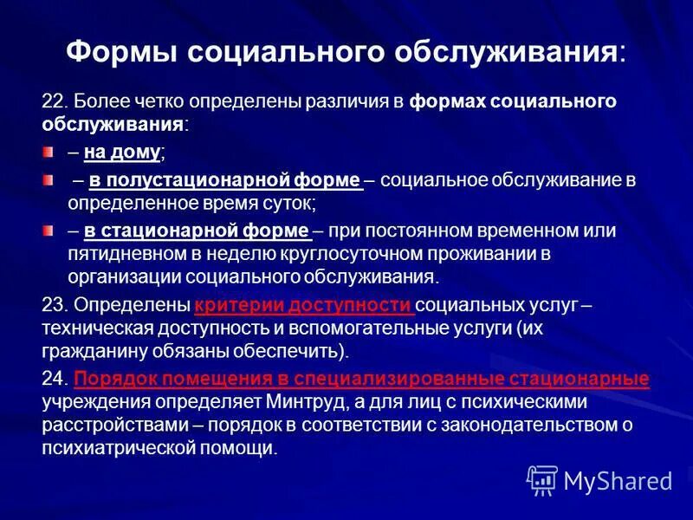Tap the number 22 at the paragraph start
click(x=51, y=101)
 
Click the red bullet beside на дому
click(x=49, y=153)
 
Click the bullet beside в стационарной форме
click(x=49, y=231)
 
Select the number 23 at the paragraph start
click(x=51, y=305)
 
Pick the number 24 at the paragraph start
click(x=51, y=380)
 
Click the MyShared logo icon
click(x=542, y=479)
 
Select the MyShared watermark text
click(x=618, y=480)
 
